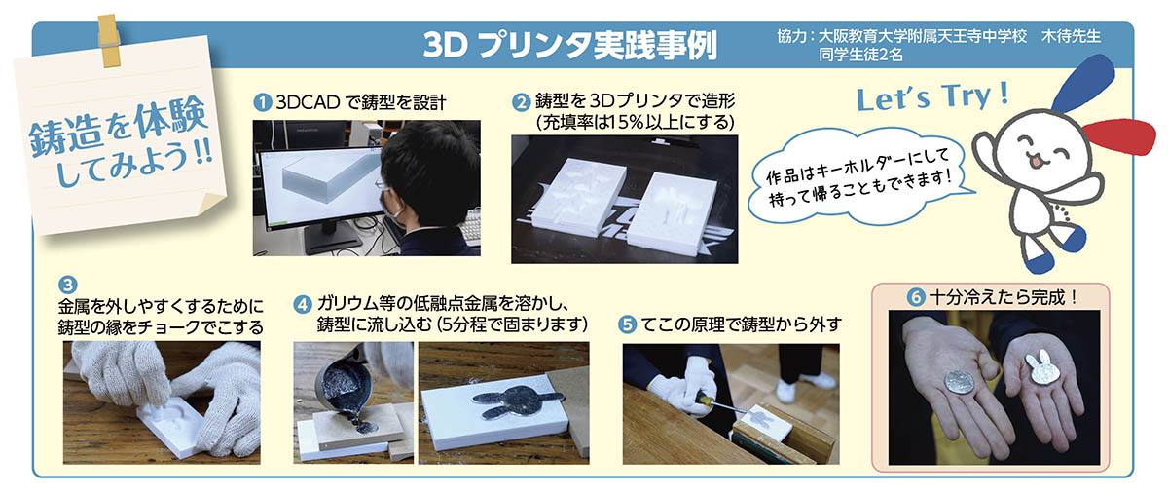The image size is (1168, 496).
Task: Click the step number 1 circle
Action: pyautogui.click(x=262, y=101)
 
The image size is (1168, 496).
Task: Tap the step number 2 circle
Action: pyautogui.click(x=521, y=102)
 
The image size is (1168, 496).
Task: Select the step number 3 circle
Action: pyautogui.click(x=67, y=286)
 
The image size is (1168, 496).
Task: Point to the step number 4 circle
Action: pyautogui.click(x=303, y=304)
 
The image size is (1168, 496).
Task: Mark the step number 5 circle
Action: pyautogui.click(x=627, y=324)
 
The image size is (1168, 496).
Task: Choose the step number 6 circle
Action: pyautogui.click(x=916, y=297)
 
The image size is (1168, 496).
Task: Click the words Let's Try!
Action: pyautogui.click(x=932, y=97)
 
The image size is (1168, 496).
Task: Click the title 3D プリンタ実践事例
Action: pyautogui.click(x=570, y=45)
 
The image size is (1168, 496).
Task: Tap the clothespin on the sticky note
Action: pyautogui.click(x=108, y=40)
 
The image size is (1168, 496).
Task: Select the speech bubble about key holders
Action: pyautogui.click(x=860, y=177)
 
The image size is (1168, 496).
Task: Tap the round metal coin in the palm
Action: pyautogui.click(x=960, y=385)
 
